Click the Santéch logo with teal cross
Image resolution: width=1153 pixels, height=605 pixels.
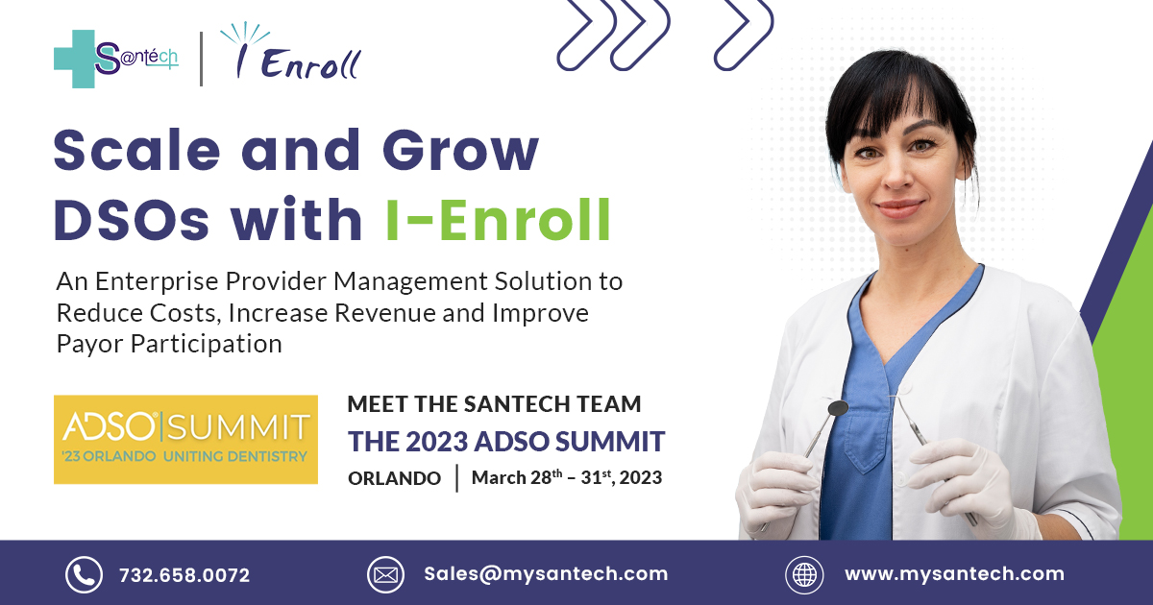pos(116,59)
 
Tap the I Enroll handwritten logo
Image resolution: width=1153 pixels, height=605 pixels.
pos(291,53)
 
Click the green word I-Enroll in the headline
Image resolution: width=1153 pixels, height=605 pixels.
pos(499,220)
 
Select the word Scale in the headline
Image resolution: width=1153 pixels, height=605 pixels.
pos(136,150)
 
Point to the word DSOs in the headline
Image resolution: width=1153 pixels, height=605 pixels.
pos(132,220)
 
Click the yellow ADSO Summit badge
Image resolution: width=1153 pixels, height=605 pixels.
pos(185,440)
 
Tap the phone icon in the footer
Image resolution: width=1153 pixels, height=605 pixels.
pos(84,574)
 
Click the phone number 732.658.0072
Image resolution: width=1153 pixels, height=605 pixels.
pos(184,575)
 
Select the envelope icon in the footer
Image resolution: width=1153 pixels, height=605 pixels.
pos(385,574)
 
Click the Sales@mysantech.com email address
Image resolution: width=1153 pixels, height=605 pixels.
pos(546,574)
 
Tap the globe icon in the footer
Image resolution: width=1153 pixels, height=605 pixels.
pos(804,574)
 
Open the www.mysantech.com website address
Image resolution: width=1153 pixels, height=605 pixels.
pos(954,574)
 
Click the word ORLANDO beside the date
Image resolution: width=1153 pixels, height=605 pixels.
pos(394,478)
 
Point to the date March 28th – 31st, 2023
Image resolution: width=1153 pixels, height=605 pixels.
pos(567,477)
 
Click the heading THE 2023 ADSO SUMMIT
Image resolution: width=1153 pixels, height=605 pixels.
pos(506,442)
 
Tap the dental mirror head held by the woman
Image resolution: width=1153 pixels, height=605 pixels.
pos(838,408)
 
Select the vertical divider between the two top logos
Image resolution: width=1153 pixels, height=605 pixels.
pos(201,59)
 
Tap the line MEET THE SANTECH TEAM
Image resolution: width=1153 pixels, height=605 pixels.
pos(494,404)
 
